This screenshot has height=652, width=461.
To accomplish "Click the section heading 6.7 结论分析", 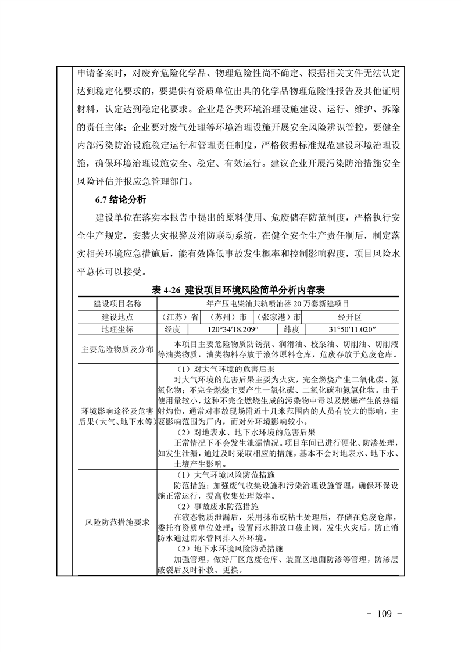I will point(120,200).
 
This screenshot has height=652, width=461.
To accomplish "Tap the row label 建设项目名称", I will point(117,303).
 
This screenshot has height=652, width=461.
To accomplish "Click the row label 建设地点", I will point(117,317).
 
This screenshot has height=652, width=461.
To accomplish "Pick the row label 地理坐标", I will point(117,329).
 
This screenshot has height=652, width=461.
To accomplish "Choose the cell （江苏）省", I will point(180,317).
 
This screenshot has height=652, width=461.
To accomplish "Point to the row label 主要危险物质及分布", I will point(117,349).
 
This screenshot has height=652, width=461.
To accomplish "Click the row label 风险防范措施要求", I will point(117,522).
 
